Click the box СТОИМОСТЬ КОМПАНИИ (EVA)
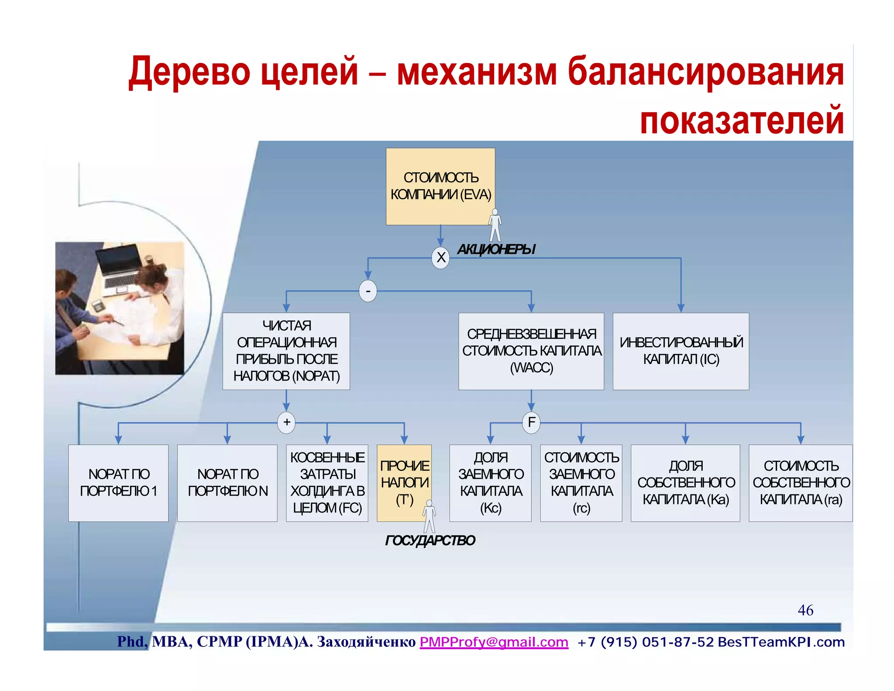point(440,187)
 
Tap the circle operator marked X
point(440,257)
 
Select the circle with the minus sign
point(368,291)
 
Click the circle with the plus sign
point(286,422)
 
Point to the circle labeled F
point(531,422)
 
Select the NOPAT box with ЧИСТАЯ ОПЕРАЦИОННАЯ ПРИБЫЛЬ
point(286,351)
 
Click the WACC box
point(531,351)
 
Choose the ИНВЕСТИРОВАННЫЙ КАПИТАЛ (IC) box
point(681,351)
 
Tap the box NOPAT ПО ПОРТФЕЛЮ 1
point(118,483)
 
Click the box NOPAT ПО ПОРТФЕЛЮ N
point(227,483)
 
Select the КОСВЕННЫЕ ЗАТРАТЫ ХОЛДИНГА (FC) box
point(327,483)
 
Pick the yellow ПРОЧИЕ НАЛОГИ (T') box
point(404,483)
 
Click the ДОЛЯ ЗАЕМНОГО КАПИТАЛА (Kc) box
point(490,483)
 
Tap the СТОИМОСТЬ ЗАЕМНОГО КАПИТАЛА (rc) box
point(581,483)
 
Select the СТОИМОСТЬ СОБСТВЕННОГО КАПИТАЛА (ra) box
point(801,483)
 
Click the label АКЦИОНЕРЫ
point(496,249)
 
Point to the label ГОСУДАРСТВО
point(430,541)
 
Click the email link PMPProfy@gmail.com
point(494,642)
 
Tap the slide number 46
point(805,610)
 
